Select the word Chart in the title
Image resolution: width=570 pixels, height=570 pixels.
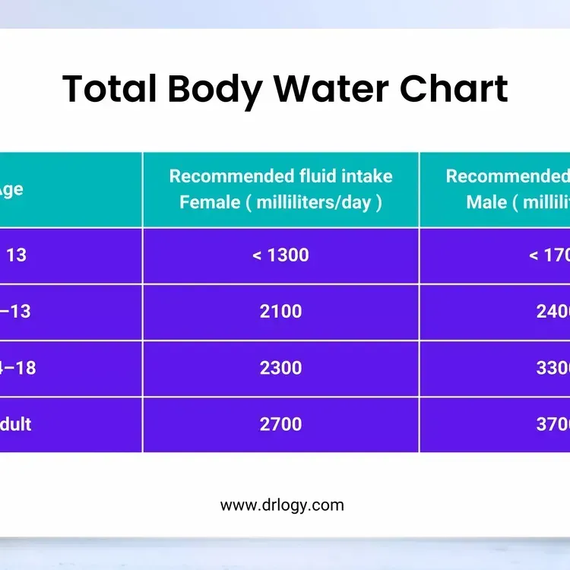454,89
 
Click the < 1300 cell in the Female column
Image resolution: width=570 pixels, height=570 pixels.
280,255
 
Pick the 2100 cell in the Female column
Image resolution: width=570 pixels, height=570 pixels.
280,311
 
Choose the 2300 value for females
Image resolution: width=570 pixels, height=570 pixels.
280,368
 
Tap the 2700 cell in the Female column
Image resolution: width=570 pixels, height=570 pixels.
280,424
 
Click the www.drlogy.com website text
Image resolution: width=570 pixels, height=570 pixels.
282,505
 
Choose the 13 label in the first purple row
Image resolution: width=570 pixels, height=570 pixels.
16,255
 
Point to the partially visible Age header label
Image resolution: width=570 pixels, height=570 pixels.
11,190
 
